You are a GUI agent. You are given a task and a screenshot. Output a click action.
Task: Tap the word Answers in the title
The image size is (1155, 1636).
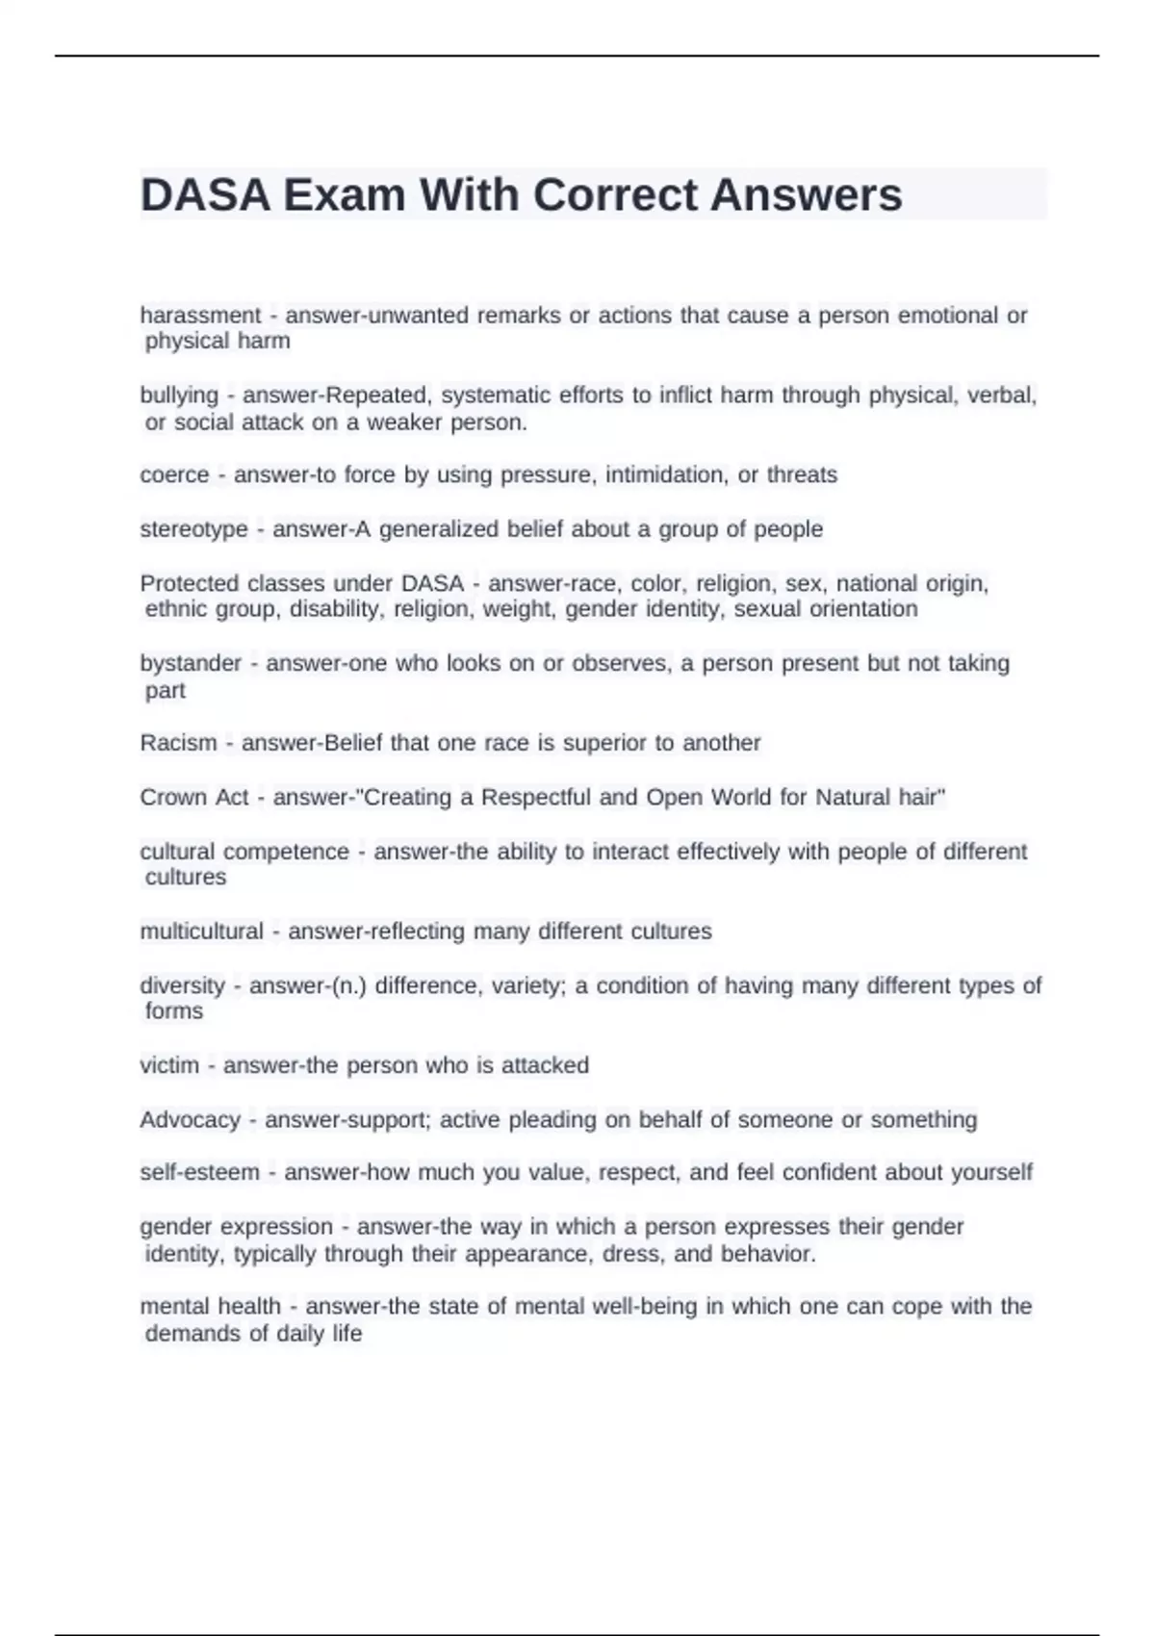pos(806,195)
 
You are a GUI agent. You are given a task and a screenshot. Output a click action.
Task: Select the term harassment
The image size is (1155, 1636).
pos(200,316)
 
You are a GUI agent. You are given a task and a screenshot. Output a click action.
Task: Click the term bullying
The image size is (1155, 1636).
pos(179,396)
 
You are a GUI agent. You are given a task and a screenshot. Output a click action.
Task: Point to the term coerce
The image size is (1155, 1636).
pos(174,475)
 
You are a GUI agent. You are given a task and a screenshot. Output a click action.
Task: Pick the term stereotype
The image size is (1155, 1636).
pos(193,529)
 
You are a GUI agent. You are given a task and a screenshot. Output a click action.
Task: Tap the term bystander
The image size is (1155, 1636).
pos(191,663)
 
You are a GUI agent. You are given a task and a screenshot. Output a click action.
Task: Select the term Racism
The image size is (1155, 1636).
pos(178,743)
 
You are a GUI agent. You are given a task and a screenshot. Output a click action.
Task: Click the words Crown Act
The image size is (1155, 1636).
pos(193,797)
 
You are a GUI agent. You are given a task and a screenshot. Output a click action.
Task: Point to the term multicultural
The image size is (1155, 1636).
pos(201,932)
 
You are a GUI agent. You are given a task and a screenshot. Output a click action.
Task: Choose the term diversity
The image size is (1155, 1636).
pos(182,985)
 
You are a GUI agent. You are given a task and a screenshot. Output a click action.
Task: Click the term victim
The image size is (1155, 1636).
pos(169,1065)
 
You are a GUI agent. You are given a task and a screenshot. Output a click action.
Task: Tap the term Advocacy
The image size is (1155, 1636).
pos(190,1119)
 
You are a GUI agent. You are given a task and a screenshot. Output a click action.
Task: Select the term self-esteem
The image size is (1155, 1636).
pos(199,1172)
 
